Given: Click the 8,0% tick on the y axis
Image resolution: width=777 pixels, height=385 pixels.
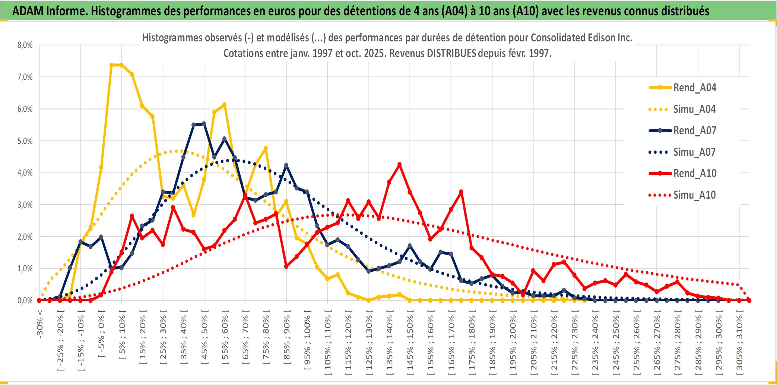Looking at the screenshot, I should (x=25, y=45).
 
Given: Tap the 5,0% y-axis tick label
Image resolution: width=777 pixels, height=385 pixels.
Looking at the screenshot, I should (x=25, y=141).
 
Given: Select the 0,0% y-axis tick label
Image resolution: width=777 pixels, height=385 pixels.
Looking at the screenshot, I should (x=25, y=300).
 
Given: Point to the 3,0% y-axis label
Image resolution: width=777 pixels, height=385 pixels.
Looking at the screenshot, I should (x=25, y=205).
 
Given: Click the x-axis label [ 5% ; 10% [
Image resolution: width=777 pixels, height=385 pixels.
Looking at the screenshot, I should (x=123, y=334).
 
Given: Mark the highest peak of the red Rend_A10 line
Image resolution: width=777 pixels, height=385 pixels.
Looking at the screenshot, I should (x=400, y=164).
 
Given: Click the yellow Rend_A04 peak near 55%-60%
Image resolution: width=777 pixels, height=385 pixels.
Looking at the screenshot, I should (x=224, y=105).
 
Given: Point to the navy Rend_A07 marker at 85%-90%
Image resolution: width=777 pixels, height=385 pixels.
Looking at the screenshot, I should (x=286, y=165).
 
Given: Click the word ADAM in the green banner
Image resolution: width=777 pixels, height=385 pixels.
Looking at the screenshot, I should (x=28, y=11).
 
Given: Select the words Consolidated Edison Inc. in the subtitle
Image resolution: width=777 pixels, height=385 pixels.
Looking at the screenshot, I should (x=581, y=38).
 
